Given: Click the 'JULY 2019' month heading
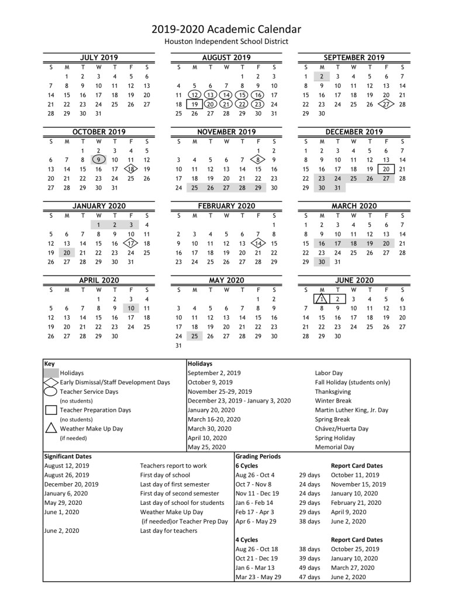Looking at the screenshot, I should (98, 57).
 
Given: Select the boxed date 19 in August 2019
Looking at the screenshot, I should (194, 104).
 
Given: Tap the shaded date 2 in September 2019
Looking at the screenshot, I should (322, 76).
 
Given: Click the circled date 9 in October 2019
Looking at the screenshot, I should (99, 160).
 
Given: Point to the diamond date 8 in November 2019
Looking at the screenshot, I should (258, 160).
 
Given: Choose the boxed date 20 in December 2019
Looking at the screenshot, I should (386, 169).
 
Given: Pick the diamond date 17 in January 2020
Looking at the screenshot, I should (131, 243).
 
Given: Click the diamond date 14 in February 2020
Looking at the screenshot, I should (258, 243).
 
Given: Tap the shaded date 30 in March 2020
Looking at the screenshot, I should (322, 262).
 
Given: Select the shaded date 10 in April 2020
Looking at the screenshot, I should (131, 308).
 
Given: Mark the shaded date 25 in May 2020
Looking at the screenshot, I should (194, 336).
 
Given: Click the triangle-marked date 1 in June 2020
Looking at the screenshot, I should (321, 299).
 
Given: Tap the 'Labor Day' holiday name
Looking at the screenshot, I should (329, 373).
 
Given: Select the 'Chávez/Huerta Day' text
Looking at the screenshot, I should (342, 429).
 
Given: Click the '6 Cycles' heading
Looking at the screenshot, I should (247, 466).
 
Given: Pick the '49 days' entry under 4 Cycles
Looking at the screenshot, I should (309, 568).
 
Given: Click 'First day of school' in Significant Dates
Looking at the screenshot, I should (165, 475).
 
